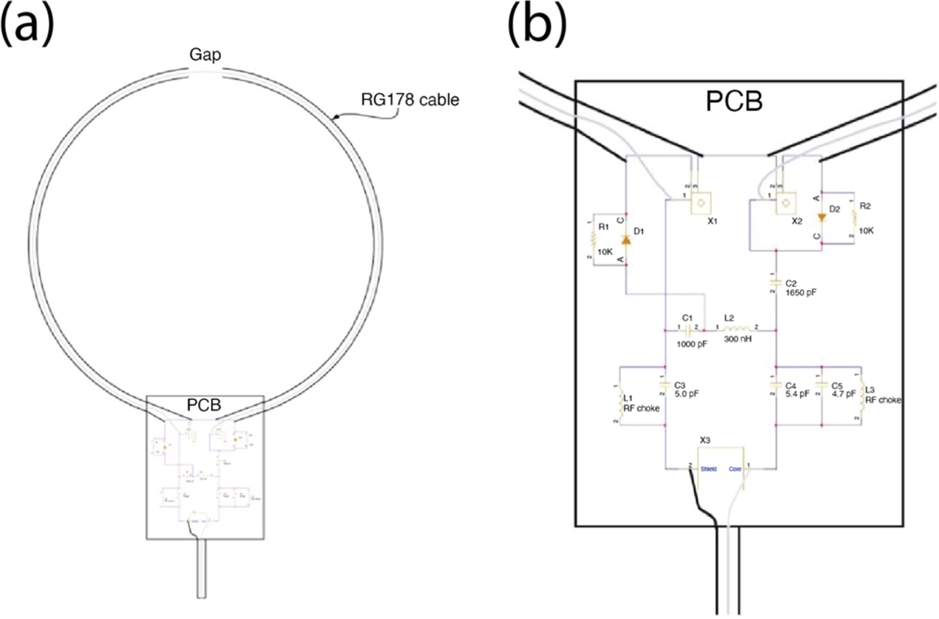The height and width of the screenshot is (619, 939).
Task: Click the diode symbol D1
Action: (x=627, y=238)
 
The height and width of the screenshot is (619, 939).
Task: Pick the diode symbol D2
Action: (x=821, y=217)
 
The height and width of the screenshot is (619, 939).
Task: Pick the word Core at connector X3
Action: (x=735, y=469)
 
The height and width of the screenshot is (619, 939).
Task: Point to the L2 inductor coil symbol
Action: (x=739, y=328)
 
